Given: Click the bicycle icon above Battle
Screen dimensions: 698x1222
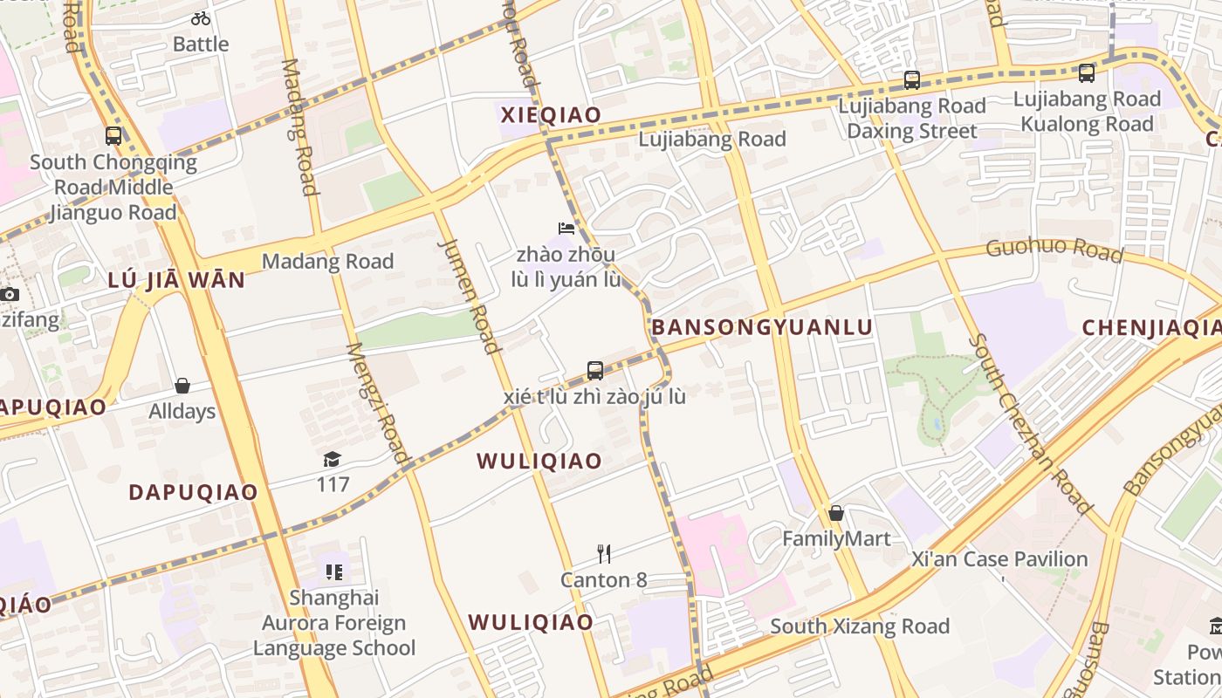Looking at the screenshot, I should point(201,17).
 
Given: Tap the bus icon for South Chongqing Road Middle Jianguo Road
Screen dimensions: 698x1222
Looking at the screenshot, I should point(113,136).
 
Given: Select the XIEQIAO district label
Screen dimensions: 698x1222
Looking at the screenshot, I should point(551,115).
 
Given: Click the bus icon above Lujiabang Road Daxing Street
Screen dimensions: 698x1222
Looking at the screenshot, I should point(912,80).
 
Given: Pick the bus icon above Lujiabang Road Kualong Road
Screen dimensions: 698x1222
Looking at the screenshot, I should point(1087,73).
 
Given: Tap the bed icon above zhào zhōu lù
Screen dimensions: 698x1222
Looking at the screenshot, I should point(566,229).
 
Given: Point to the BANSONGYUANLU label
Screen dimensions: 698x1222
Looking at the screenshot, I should point(762,327).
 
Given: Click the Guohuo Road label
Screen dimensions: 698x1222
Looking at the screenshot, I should point(1054,249).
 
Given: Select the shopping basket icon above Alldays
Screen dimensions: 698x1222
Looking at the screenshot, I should point(182,386).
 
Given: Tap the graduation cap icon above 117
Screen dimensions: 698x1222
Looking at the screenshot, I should point(333,459).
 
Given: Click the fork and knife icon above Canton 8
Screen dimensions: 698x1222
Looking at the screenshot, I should point(603,554).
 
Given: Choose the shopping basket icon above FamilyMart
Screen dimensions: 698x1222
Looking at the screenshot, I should point(836,513).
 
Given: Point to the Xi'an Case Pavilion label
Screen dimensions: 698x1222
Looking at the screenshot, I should point(999,559).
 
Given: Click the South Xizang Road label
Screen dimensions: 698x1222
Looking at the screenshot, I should point(860,626).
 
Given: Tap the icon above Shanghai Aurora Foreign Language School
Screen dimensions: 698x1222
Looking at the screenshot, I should point(334,572).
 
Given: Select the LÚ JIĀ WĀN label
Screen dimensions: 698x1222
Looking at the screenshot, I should point(176,281).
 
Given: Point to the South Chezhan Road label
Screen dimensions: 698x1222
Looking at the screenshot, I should point(1029,422).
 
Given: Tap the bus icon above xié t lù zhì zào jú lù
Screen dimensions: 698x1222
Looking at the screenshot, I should point(595,371).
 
